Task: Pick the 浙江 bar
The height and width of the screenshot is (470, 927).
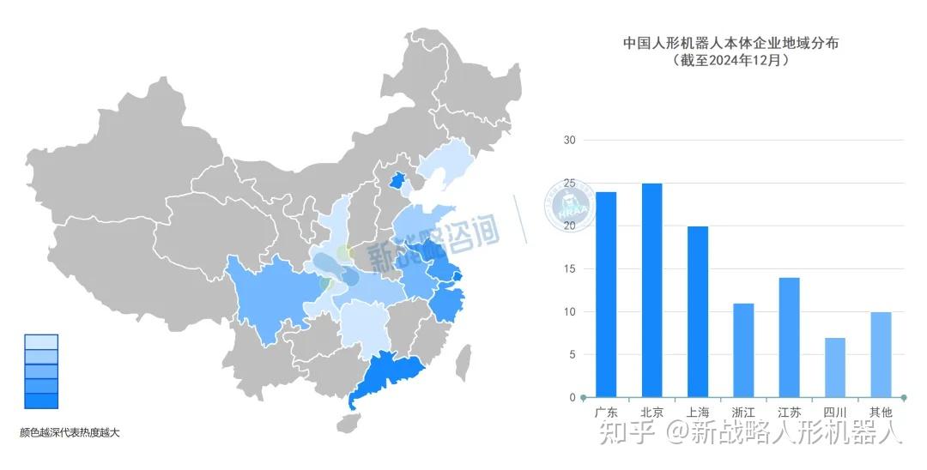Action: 743,350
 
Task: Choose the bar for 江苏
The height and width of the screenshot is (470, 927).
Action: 790,337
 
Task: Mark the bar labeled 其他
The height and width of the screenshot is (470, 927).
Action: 881,354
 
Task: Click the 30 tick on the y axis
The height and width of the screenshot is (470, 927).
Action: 569,140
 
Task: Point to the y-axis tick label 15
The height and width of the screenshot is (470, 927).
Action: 569,268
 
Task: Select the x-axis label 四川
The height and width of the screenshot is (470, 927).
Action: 835,413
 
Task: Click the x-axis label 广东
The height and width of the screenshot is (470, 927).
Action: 606,413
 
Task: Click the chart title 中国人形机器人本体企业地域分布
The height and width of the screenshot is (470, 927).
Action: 730,42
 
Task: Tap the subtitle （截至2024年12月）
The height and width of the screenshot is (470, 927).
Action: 730,60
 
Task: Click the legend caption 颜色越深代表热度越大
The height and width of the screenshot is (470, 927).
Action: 70,432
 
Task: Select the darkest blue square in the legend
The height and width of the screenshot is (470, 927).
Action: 41,401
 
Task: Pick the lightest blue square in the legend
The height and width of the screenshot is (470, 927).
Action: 41,341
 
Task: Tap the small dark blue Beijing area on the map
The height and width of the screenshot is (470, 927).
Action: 397,180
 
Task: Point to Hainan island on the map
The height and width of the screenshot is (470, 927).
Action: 348,422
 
